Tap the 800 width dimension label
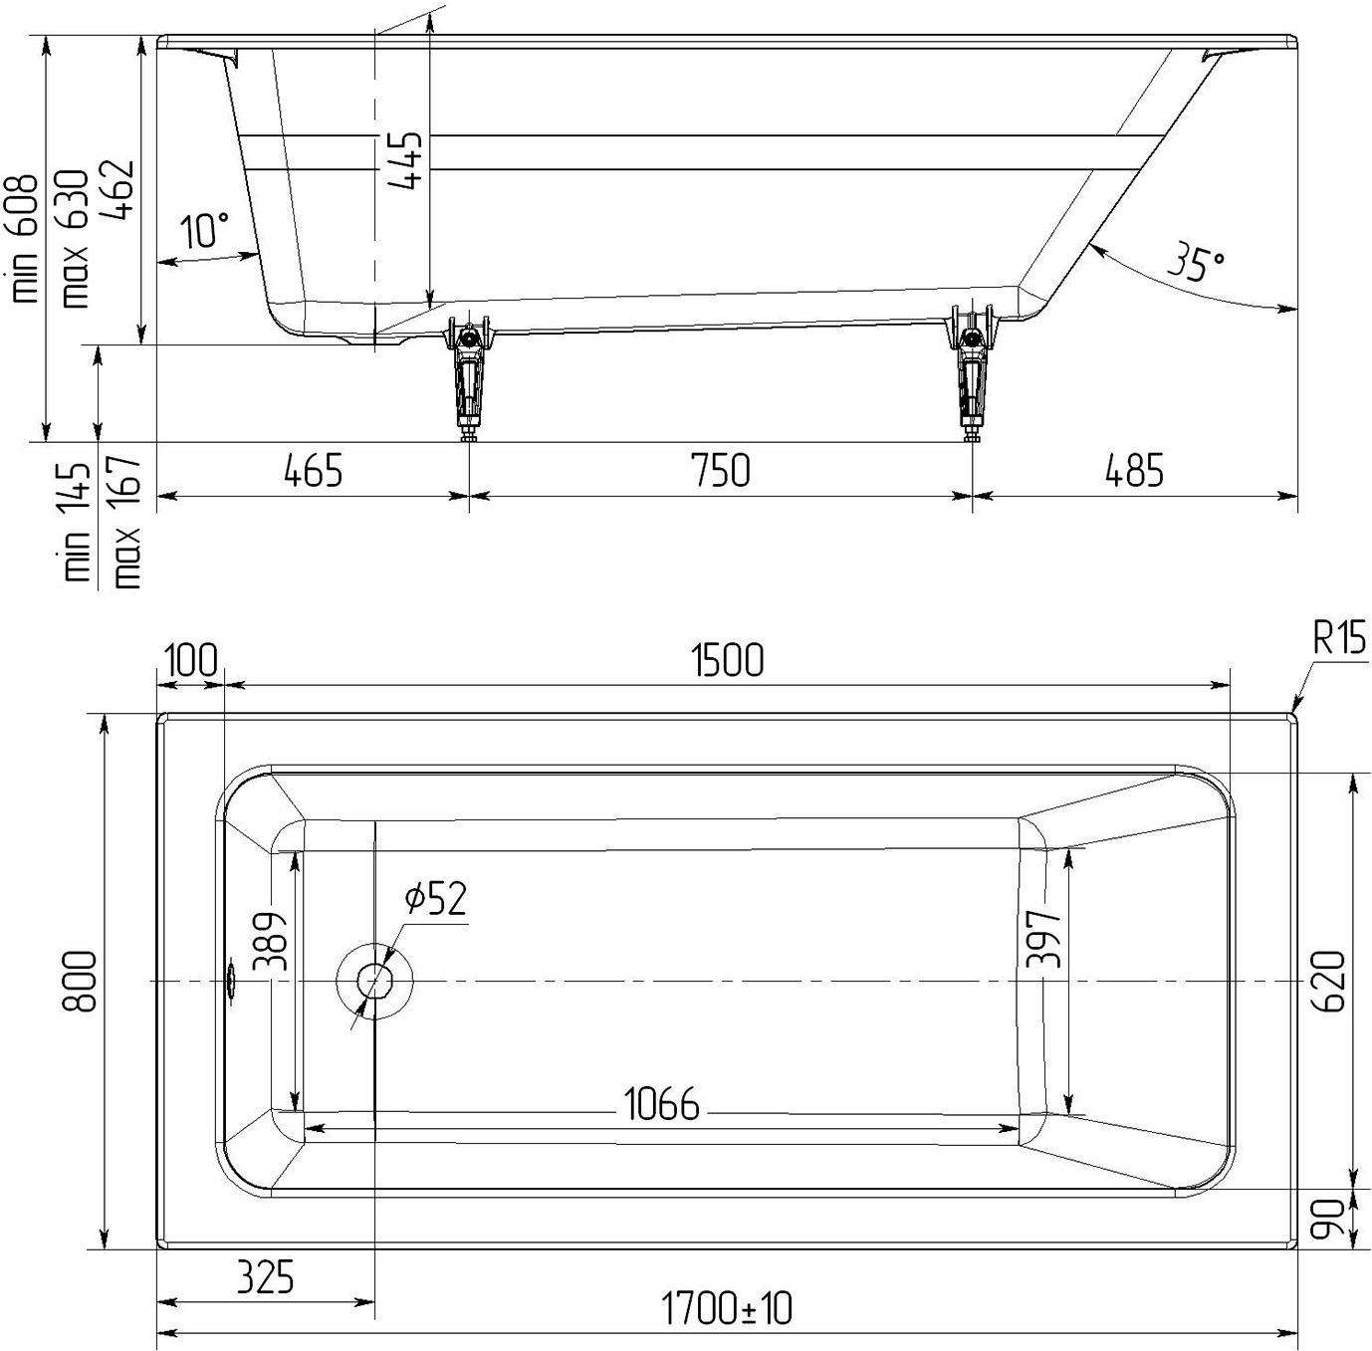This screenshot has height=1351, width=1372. [x=79, y=981]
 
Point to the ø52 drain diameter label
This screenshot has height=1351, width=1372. [x=436, y=898]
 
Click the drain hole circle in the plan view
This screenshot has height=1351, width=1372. [x=374, y=981]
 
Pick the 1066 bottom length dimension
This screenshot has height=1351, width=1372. [x=661, y=1103]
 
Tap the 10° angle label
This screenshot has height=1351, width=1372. [x=204, y=229]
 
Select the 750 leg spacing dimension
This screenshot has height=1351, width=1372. [x=721, y=471]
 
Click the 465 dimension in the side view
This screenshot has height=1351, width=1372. [x=314, y=471]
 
